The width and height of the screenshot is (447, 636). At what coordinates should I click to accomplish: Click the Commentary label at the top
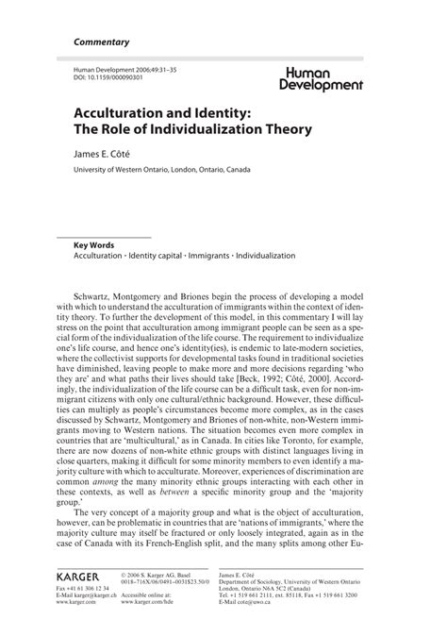click(101, 42)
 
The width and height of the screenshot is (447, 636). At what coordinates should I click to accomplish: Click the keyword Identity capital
click(157, 256)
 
